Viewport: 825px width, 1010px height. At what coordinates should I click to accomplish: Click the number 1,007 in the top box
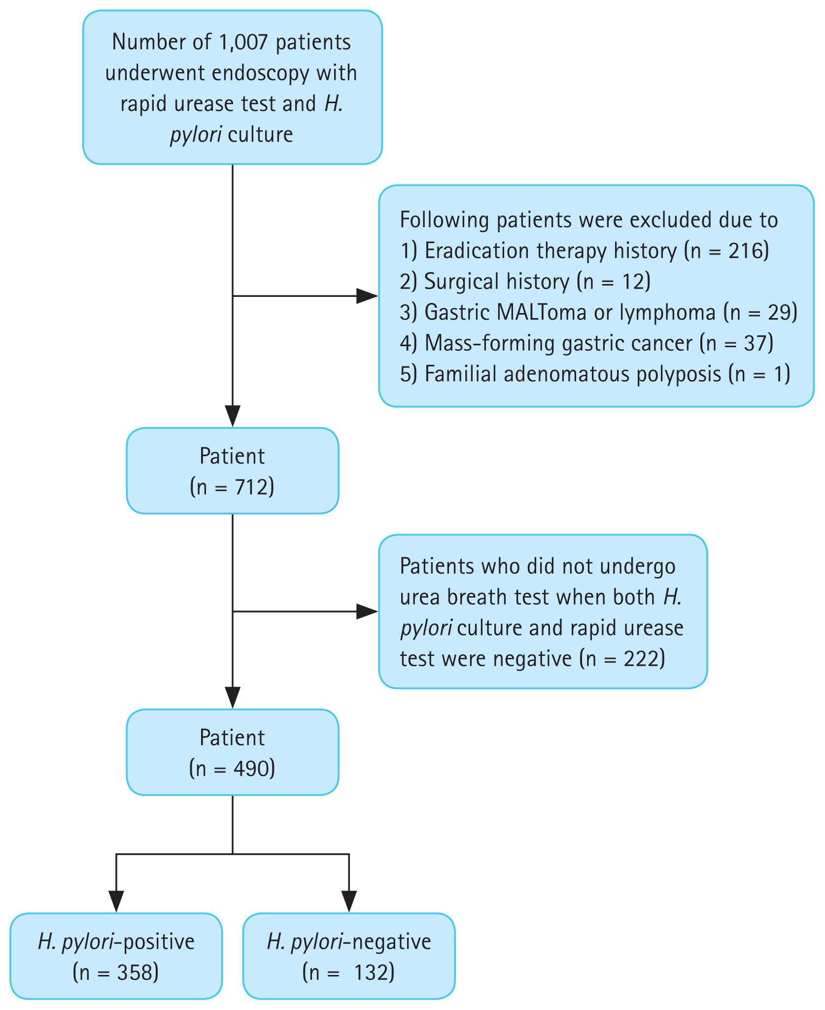pyautogui.click(x=243, y=42)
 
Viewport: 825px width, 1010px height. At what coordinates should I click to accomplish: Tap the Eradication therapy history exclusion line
pyautogui.click(x=584, y=251)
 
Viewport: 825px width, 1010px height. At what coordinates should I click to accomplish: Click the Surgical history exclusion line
pyautogui.click(x=525, y=282)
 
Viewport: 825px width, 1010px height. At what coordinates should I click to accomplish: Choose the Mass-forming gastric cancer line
pyautogui.click(x=586, y=343)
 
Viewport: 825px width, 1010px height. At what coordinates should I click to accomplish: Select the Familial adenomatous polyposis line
pyautogui.click(x=595, y=374)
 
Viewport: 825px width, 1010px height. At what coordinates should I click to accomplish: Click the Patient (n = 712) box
pyautogui.click(x=233, y=471)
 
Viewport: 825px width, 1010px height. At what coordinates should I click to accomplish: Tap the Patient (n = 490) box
pyautogui.click(x=233, y=753)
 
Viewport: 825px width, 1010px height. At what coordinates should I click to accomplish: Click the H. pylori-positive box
pyautogui.click(x=116, y=956)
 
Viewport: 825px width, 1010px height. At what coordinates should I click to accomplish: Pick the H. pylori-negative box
pyautogui.click(x=349, y=956)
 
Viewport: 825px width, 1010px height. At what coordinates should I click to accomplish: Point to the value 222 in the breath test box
pyautogui.click(x=641, y=659)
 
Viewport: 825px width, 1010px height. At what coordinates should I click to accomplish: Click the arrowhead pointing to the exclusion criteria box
pyautogui.click(x=367, y=296)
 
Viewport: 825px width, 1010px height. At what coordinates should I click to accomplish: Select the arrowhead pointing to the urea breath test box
pyautogui.click(x=367, y=612)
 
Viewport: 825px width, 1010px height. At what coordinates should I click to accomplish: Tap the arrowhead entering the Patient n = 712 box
pyautogui.click(x=233, y=416)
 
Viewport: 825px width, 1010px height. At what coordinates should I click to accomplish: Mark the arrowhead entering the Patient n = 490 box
pyautogui.click(x=233, y=698)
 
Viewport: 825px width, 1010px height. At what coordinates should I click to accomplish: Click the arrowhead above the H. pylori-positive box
pyautogui.click(x=116, y=902)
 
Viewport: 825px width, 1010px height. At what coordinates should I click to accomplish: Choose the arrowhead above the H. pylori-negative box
pyautogui.click(x=349, y=902)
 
